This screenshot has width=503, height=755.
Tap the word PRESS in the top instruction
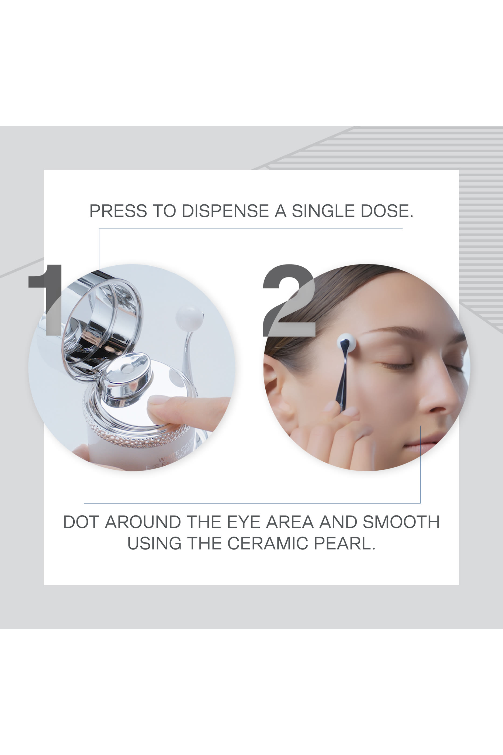point(118,211)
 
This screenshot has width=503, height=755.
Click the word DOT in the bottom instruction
point(81,522)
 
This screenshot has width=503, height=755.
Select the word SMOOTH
point(401,522)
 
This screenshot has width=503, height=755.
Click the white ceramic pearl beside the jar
point(189,318)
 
